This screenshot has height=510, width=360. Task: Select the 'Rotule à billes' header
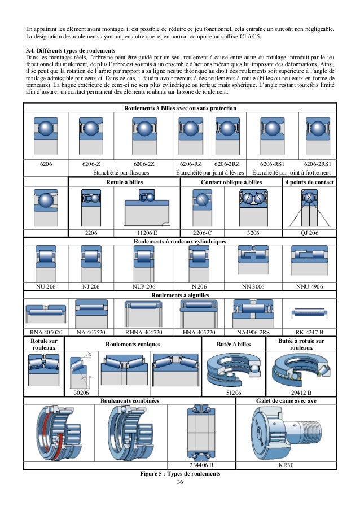coord(124,182)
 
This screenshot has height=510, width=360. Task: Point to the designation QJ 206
coord(309,233)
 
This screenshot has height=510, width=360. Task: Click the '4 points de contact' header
coord(309,182)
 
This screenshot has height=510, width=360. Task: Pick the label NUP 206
coord(143,287)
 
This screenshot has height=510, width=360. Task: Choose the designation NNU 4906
coord(309,287)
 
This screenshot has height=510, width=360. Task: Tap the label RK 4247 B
coord(309,332)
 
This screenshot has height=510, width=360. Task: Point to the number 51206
coord(234,392)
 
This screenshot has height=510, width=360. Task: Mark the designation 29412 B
coord(301,392)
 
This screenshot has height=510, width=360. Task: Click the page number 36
coord(180,482)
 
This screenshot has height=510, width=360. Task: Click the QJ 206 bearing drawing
coord(309,207)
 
